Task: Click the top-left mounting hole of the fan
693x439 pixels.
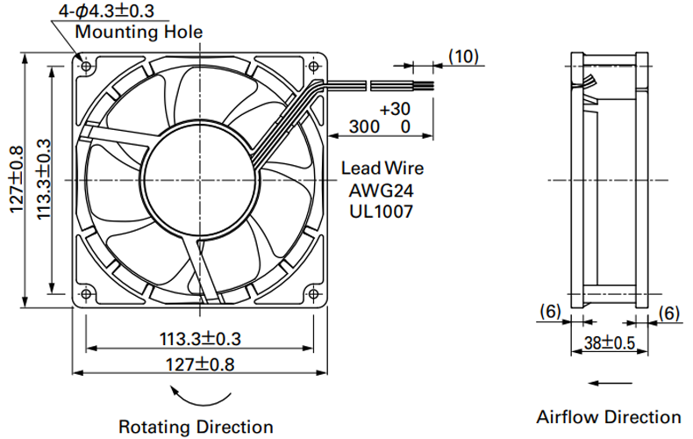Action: (87, 67)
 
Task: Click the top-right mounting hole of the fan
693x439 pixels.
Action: (313, 67)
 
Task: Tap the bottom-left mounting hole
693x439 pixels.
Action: (87, 294)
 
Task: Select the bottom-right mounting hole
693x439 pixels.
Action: (313, 294)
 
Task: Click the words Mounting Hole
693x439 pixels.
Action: (139, 32)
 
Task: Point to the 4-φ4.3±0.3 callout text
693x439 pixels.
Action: (106, 11)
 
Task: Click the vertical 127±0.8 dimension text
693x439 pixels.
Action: (16, 179)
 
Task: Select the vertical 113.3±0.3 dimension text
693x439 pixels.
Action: (44, 179)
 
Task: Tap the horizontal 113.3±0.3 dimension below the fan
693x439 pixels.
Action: (200, 339)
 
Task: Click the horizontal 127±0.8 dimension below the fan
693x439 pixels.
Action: (200, 364)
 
